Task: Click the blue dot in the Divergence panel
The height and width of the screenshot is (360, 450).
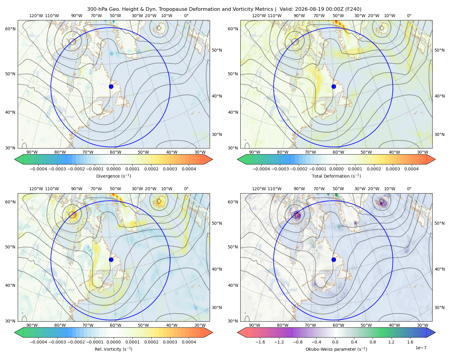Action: point(111,86)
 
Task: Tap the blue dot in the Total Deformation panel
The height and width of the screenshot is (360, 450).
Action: point(334,86)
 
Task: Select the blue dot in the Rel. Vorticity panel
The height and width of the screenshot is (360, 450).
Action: point(111,259)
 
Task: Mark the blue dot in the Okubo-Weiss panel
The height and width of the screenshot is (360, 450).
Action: point(334,259)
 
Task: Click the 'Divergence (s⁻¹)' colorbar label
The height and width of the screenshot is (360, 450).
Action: point(113,176)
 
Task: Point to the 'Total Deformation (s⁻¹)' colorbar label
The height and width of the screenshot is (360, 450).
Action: point(336,176)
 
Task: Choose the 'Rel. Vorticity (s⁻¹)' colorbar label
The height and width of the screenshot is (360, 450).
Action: point(113,349)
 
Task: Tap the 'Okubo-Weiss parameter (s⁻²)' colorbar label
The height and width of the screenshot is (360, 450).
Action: point(336,349)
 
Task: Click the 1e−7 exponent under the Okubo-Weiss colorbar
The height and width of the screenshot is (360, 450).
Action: point(421,348)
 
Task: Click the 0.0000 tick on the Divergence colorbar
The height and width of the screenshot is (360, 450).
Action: point(113,169)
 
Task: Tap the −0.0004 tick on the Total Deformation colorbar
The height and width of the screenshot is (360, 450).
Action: point(261,169)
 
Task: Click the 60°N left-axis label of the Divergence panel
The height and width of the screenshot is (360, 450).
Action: point(10,29)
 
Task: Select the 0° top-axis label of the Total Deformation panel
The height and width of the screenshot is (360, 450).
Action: point(409,16)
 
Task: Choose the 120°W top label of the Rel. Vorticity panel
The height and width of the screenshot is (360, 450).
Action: point(36,188)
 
